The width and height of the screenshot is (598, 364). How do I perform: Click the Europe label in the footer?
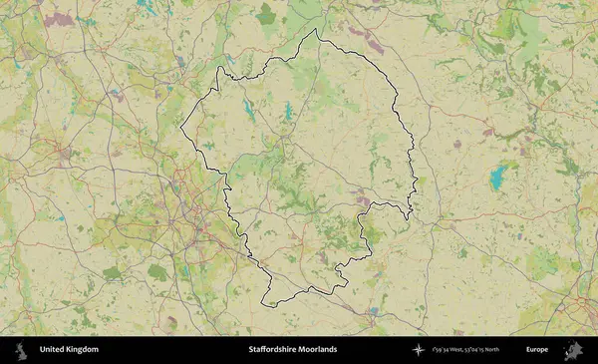click(x=537, y=350)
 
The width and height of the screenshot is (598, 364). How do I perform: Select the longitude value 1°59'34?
click(x=443, y=350)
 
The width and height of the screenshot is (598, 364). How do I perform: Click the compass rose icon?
click(x=419, y=350)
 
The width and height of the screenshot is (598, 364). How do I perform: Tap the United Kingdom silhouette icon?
click(x=20, y=350)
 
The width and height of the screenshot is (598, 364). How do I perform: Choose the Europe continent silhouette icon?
click(x=573, y=350)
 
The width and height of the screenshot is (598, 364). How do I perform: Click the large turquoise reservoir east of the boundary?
click(x=496, y=179)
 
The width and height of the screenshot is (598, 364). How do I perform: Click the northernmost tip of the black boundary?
click(x=317, y=29)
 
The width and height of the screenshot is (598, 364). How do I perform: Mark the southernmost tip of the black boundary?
click(x=264, y=304)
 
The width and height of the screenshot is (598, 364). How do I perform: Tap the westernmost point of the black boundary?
click(x=180, y=128)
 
